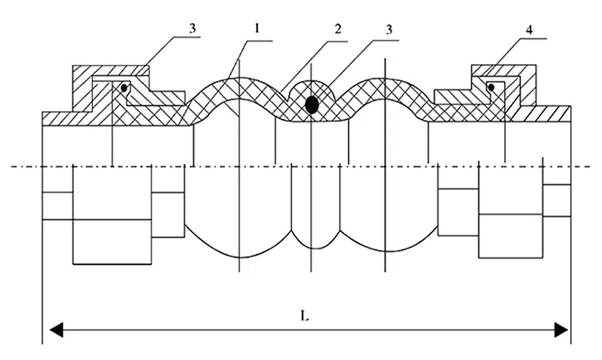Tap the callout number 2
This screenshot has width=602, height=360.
pos(338,28)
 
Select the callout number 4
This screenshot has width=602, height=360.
pos(528,28)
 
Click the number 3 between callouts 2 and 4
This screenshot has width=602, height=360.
pos(389,28)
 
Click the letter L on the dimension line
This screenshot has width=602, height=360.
pos(305,316)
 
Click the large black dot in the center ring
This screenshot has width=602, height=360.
pos(311,105)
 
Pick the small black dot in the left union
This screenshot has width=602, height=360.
pos(123,88)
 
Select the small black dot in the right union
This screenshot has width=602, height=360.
pos(491,88)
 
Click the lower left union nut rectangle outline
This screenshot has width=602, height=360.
pos(112,241)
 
